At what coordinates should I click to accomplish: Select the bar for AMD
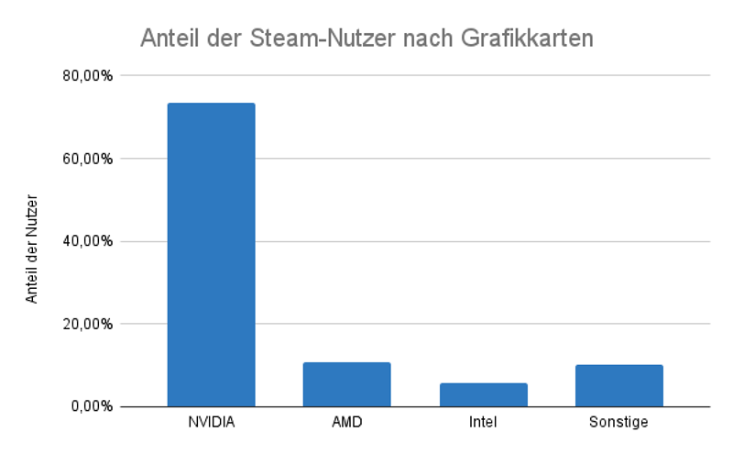pyautogui.click(x=346, y=384)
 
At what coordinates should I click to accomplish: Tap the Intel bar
pyautogui.click(x=483, y=394)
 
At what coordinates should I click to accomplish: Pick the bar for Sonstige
pyautogui.click(x=618, y=385)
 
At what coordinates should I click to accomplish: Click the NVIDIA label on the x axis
pyautogui.click(x=211, y=423)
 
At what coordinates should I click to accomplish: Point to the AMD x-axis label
pyautogui.click(x=346, y=423)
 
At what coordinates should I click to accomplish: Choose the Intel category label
pyautogui.click(x=483, y=423)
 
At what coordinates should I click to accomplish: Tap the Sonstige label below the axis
pyautogui.click(x=618, y=423)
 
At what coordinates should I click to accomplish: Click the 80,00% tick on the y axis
pyautogui.click(x=88, y=75)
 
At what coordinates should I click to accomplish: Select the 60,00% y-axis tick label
pyautogui.click(x=88, y=159)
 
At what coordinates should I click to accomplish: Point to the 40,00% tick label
pyautogui.click(x=88, y=241)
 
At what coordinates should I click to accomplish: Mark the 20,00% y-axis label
pyautogui.click(x=88, y=324)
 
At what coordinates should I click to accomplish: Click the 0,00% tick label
pyautogui.click(x=92, y=406)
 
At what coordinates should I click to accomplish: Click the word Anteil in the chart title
pyautogui.click(x=168, y=39)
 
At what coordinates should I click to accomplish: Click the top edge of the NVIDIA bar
pyautogui.click(x=211, y=104)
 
